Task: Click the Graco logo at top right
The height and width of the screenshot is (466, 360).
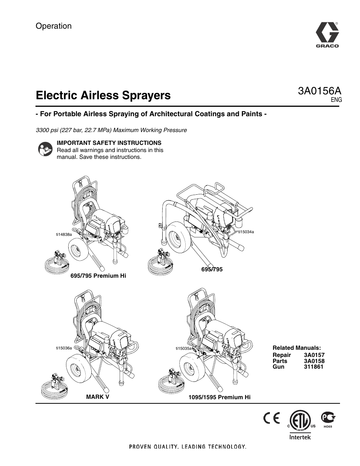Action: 327,35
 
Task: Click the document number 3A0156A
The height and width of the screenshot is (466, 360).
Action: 320,91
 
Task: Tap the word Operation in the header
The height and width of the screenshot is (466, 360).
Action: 54,26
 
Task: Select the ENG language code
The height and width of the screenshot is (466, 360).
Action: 336,100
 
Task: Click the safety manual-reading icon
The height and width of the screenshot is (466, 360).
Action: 45,149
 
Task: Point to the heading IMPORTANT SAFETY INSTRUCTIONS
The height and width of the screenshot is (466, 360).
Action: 109,143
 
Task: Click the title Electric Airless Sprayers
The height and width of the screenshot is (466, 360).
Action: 103,95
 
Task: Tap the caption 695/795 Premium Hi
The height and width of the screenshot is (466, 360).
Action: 98,276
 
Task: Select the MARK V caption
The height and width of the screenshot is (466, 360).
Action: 98,397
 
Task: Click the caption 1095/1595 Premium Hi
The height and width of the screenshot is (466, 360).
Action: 219,397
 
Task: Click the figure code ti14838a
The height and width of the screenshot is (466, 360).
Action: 64,234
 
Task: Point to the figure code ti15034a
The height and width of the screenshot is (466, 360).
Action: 246,232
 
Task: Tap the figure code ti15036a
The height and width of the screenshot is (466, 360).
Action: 64,348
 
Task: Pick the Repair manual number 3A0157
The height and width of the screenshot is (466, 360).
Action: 314,355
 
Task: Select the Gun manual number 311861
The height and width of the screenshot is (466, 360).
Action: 314,366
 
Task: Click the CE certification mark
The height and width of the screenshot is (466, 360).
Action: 272,419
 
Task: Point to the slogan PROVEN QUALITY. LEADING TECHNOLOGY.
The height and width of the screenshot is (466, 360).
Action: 188,447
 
